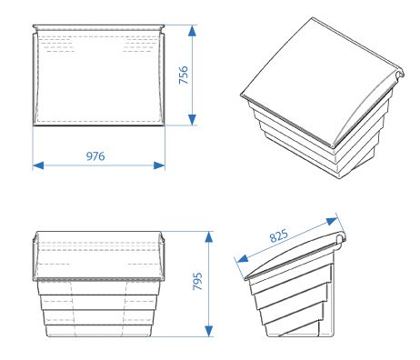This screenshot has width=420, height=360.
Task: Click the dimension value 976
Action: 95,156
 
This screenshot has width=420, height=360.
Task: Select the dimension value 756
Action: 183,75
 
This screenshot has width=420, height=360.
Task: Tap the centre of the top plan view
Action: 98,77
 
